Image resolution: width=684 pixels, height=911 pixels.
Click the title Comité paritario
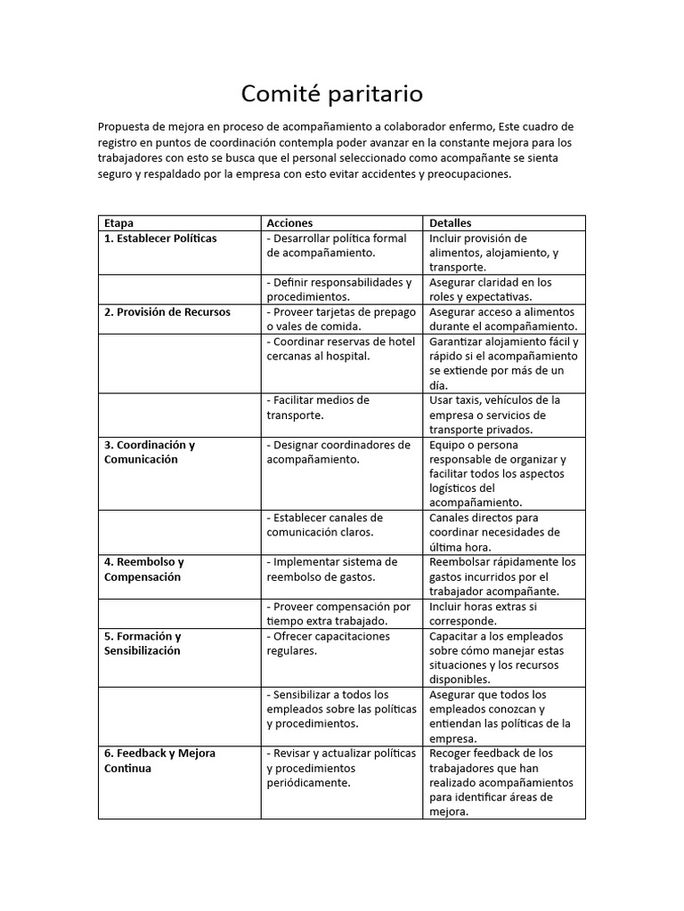coord(332,93)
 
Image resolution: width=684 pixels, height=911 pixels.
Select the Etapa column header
coord(118,222)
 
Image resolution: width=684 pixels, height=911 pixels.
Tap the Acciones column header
coord(289,222)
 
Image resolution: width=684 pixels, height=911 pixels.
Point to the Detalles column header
coord(451,222)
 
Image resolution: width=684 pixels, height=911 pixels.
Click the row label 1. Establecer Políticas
coord(160,238)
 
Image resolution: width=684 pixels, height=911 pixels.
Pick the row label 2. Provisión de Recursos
coord(167,312)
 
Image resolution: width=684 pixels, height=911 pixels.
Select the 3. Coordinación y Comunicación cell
coord(150,452)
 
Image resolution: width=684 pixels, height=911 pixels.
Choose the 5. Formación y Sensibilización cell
coord(142,643)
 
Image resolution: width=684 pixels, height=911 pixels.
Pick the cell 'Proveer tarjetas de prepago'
coord(341,319)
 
